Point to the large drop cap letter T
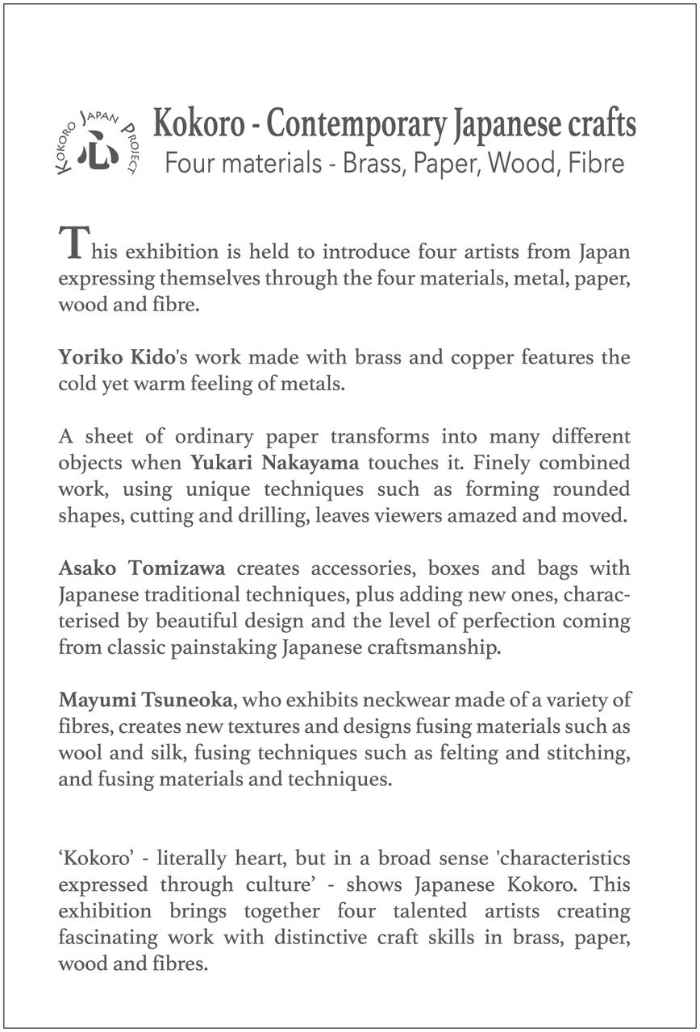tap(71, 243)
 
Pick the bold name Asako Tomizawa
tap(141, 568)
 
